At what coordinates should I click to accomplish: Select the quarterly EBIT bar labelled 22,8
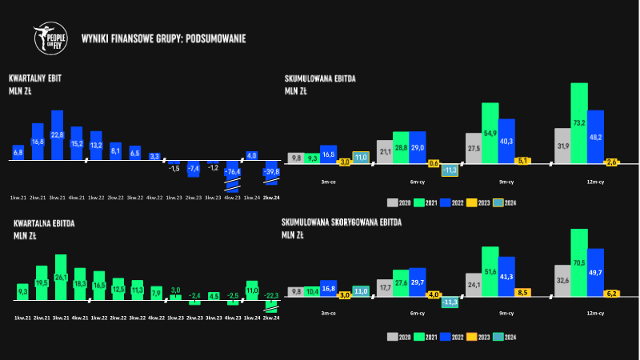click(x=57, y=135)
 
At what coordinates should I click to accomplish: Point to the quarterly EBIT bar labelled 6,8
click(x=18, y=151)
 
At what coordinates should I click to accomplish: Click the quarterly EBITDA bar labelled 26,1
click(x=60, y=277)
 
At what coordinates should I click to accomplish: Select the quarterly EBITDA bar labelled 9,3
click(x=22, y=291)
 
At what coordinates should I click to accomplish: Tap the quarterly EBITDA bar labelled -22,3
click(x=273, y=306)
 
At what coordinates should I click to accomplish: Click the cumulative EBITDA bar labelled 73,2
click(x=579, y=122)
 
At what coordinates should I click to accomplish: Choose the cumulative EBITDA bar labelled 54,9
click(x=490, y=132)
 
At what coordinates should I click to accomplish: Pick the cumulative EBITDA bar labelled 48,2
click(x=595, y=136)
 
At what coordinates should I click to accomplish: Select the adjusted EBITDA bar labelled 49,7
click(x=595, y=273)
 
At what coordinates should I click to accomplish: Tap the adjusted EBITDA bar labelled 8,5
click(x=523, y=293)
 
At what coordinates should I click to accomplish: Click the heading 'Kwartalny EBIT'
click(x=35, y=78)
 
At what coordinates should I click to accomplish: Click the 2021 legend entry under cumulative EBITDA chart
click(x=428, y=202)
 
